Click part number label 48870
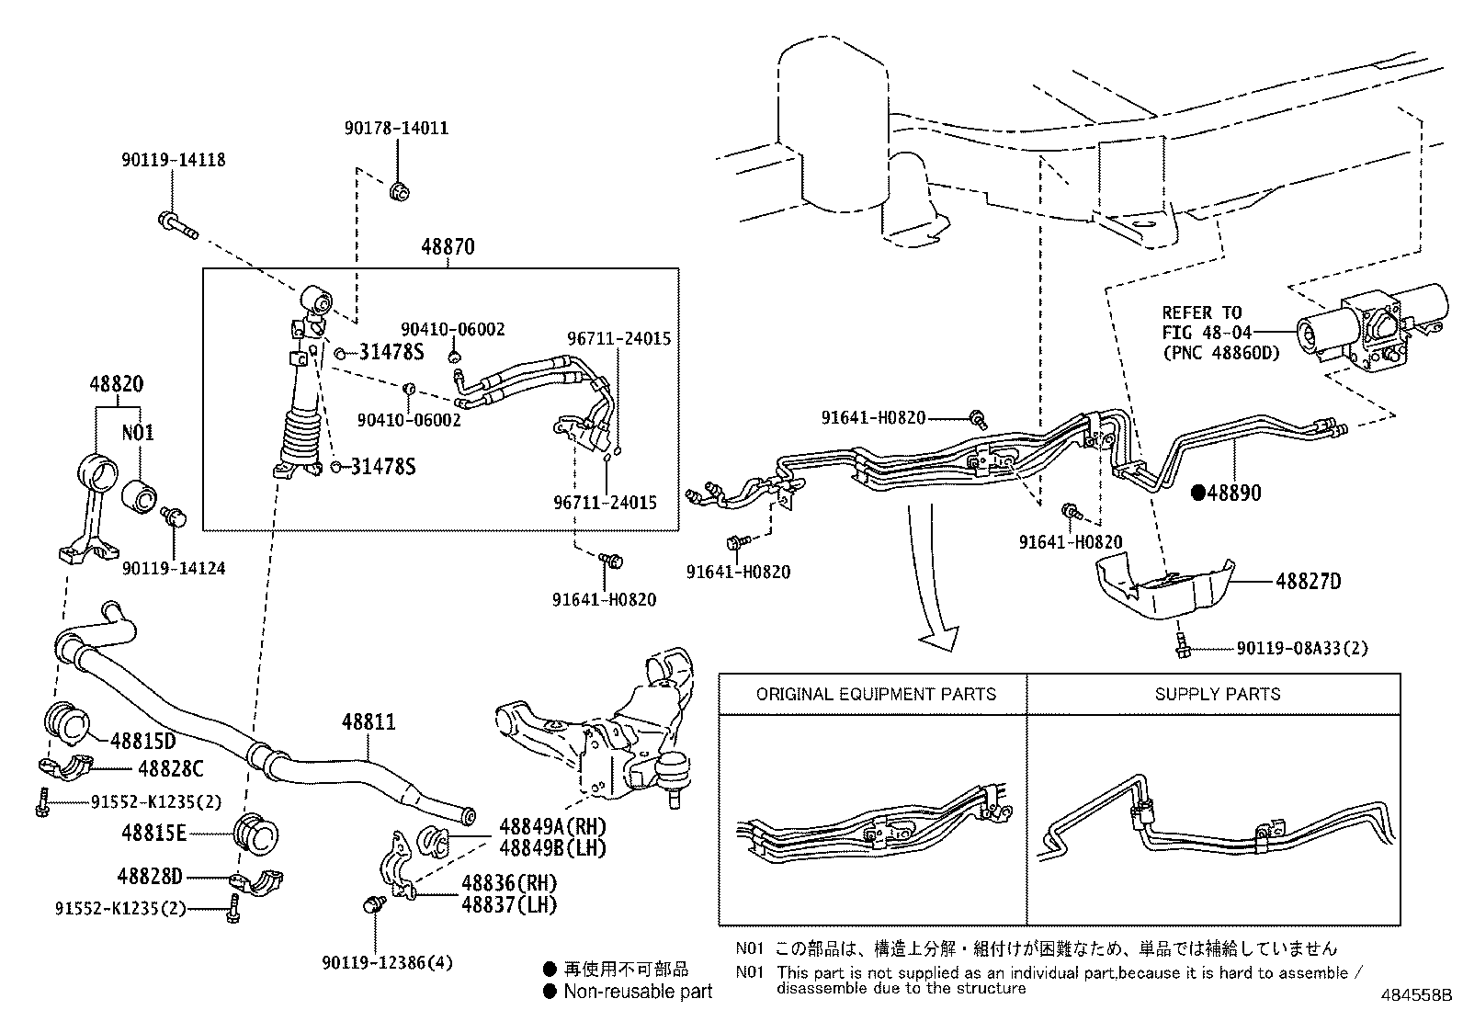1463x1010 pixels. (448, 247)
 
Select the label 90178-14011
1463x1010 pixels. (397, 129)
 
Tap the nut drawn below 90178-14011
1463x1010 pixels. (399, 192)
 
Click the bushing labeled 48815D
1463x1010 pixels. (66, 721)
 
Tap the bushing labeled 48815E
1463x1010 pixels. (257, 834)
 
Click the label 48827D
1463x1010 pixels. (1308, 581)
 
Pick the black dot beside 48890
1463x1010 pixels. (1197, 493)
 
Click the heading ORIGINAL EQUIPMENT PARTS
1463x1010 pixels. (875, 694)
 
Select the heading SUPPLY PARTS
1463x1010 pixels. (1217, 694)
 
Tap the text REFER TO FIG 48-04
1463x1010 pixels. (1202, 323)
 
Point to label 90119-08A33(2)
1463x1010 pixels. (1301, 649)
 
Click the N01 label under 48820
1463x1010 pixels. (139, 432)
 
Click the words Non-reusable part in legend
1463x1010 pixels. (638, 991)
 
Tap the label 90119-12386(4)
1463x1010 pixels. (387, 962)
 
